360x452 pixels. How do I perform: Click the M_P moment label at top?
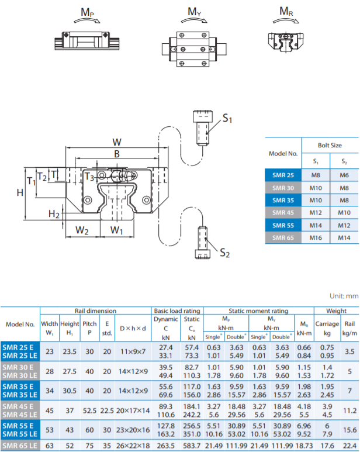click(87, 12)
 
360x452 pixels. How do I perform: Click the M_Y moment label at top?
click(195, 12)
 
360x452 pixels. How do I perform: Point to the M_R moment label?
click(286, 11)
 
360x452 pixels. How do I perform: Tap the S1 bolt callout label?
click(227, 118)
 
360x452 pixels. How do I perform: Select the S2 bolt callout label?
click(224, 253)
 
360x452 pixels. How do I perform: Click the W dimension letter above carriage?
click(117, 142)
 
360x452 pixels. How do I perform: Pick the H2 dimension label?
click(54, 214)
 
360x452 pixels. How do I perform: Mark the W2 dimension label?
click(82, 230)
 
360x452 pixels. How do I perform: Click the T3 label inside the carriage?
click(89, 177)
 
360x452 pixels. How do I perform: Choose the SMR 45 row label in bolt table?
click(283, 213)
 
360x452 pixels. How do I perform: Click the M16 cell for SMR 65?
click(316, 238)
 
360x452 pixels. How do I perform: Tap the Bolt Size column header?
click(330, 145)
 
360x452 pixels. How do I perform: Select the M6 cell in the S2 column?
click(344, 175)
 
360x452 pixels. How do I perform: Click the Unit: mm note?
click(344, 296)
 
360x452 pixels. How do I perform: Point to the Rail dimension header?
click(96, 310)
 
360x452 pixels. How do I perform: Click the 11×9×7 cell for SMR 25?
click(133, 351)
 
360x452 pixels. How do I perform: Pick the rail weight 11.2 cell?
click(349, 410)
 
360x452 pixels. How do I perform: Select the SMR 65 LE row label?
click(20, 446)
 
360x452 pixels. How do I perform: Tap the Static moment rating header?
click(258, 310)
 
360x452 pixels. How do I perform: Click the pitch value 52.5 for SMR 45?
click(89, 410)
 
